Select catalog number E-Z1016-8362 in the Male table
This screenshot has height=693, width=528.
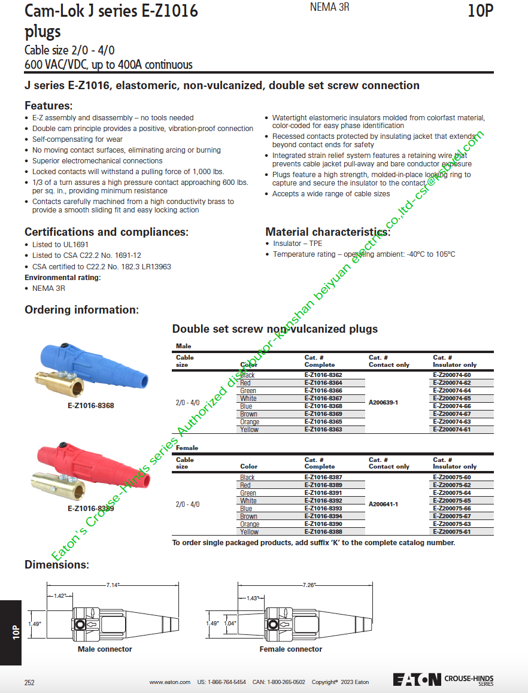tap(323, 375)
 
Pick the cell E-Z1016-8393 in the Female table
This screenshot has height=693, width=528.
tap(323, 509)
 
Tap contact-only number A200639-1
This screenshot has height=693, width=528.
tap(383, 402)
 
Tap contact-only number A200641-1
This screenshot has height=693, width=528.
tap(383, 504)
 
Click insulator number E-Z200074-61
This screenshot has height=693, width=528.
tap(451, 430)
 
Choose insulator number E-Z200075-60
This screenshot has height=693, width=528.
tap(451, 478)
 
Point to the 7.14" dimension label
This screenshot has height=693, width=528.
tap(113, 585)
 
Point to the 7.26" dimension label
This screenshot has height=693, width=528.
tap(309, 585)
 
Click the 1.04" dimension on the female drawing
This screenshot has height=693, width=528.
tap(230, 623)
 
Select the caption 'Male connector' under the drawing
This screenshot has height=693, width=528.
tap(105, 649)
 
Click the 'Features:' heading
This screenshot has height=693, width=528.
tap(48, 106)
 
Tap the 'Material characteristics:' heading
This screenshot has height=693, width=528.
tap(327, 232)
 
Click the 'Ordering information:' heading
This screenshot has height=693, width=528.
tap(81, 310)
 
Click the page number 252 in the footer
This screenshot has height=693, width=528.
tap(29, 682)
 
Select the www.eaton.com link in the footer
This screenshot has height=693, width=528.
tap(169, 682)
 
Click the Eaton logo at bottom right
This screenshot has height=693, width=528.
tap(417, 679)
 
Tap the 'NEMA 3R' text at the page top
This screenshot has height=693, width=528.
tap(330, 7)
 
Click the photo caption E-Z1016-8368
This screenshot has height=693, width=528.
tap(90, 406)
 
